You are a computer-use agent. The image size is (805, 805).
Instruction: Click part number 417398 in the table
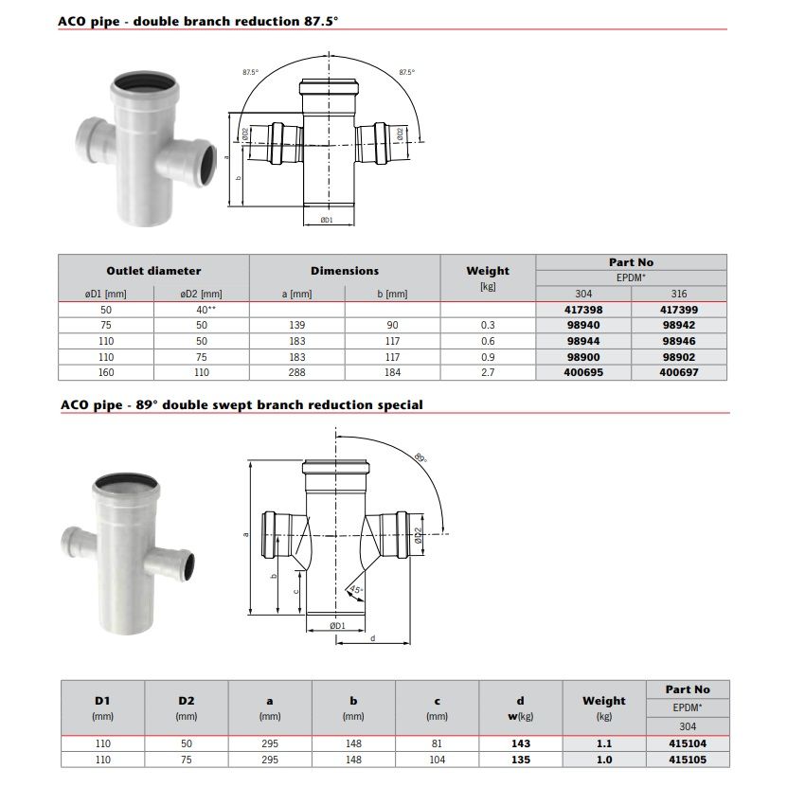[583, 309]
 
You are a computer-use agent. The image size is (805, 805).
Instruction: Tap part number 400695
[583, 372]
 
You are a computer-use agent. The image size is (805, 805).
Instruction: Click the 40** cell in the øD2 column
[202, 309]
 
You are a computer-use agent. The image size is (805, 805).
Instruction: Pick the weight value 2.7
[488, 372]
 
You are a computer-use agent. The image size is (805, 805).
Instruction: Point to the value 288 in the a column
[296, 372]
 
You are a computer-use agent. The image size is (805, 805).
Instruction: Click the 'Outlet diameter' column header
[153, 271]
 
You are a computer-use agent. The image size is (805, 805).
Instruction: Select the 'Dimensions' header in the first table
[345, 271]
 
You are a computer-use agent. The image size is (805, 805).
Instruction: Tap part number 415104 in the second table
[688, 743]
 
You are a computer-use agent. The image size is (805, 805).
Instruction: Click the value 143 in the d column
[521, 743]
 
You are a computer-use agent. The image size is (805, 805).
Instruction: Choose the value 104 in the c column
[438, 760]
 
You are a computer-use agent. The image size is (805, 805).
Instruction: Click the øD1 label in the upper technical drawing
[327, 220]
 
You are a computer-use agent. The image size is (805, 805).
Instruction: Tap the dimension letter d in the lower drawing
[372, 638]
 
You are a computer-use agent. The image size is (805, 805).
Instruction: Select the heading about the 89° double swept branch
[241, 404]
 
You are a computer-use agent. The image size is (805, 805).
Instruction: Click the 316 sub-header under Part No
[679, 294]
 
